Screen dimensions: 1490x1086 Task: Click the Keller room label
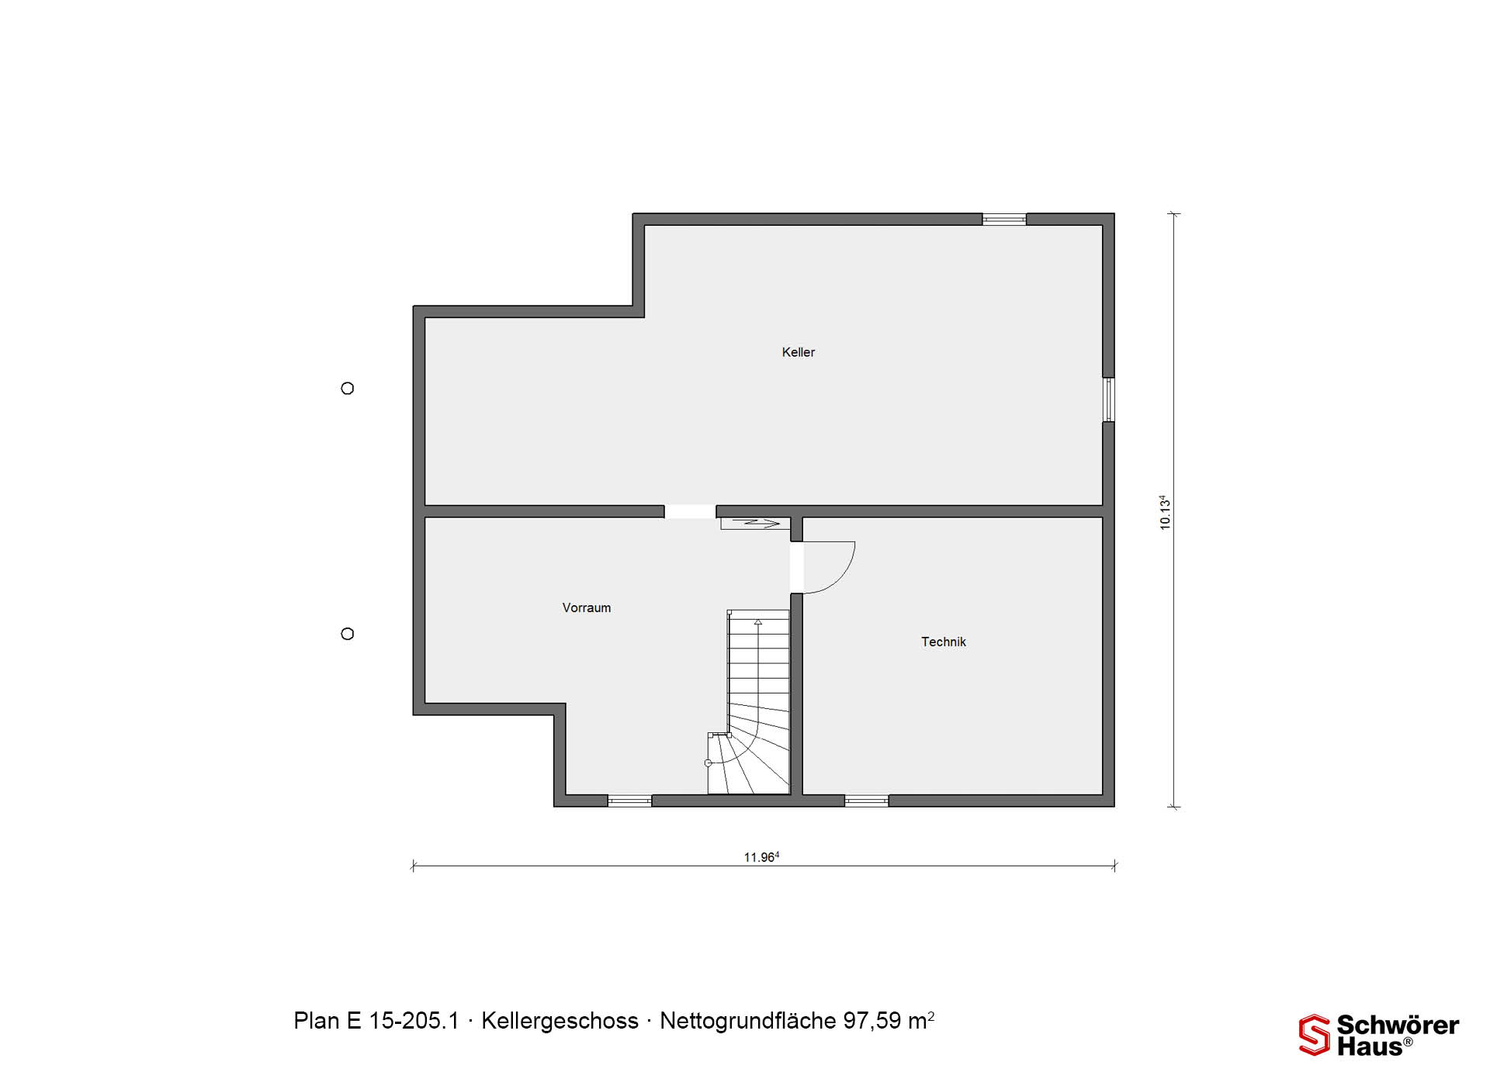[798, 352]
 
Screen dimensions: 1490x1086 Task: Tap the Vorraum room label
[587, 608]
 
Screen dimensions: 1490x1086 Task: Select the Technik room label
[944, 642]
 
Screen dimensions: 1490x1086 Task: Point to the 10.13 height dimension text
[1164, 512]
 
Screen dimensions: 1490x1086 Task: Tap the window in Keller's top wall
[1004, 220]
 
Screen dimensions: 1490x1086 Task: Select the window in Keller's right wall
[1109, 399]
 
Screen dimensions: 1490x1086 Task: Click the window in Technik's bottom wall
[866, 801]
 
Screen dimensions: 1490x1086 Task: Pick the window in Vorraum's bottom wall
[629, 801]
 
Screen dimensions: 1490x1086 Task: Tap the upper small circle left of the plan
[348, 388]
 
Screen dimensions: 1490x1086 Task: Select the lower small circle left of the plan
[348, 634]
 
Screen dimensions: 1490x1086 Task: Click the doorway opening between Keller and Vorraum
[690, 511]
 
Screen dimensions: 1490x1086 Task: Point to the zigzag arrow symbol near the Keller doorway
[750, 524]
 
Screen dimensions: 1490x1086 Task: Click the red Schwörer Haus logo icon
[1315, 1035]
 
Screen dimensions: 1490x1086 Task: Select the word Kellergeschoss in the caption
[560, 1021]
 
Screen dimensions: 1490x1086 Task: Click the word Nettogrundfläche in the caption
[748, 1021]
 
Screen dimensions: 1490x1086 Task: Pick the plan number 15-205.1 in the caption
[414, 1021]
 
